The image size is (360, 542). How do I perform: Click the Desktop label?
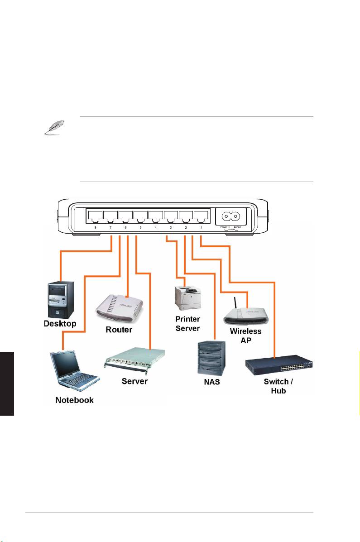[x=60, y=324]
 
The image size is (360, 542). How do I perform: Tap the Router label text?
[x=119, y=330]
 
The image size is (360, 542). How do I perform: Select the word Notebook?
[x=74, y=400]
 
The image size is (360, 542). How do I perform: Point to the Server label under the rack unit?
[x=134, y=381]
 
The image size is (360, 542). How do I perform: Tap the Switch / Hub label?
[x=278, y=386]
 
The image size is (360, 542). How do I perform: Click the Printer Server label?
[x=187, y=324]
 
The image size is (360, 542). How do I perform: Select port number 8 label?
[x=96, y=227]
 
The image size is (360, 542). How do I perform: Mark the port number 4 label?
[x=156, y=227]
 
